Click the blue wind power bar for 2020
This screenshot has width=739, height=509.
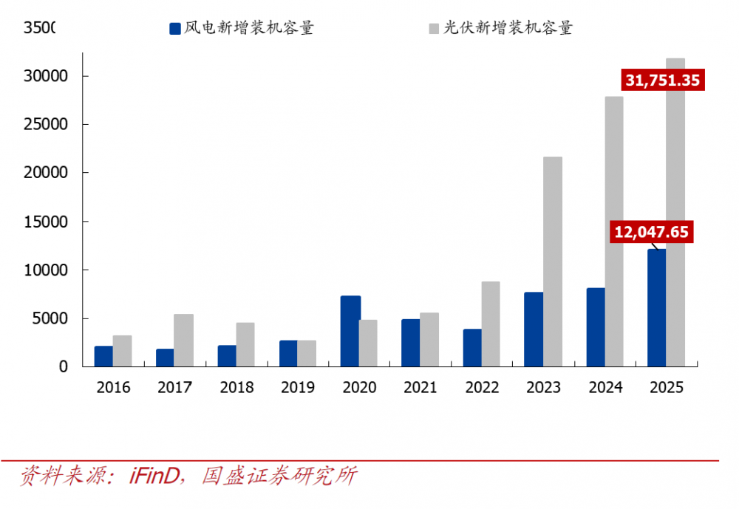pyautogui.click(x=350, y=331)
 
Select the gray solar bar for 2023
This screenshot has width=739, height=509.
pyautogui.click(x=553, y=262)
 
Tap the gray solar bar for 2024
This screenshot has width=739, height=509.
pyautogui.click(x=614, y=231)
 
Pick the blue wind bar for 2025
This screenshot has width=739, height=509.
pyautogui.click(x=656, y=307)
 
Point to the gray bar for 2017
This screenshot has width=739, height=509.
pyautogui.click(x=184, y=340)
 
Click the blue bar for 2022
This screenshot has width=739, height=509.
pyautogui.click(x=472, y=347)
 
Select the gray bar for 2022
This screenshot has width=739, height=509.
pyautogui.click(x=491, y=324)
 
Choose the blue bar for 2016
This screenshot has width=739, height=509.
pyautogui.click(x=103, y=356)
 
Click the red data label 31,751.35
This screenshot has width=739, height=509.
pyautogui.click(x=662, y=80)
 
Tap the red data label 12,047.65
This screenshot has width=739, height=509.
pyautogui.click(x=651, y=232)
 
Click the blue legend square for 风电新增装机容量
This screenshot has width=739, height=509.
pyautogui.click(x=175, y=29)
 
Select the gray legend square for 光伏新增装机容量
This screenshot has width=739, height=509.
pyautogui.click(x=434, y=29)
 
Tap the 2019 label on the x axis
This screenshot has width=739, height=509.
pyautogui.click(x=297, y=387)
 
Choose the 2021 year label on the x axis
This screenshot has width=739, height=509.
pyautogui.click(x=420, y=387)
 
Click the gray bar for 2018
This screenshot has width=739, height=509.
pyautogui.click(x=245, y=344)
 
